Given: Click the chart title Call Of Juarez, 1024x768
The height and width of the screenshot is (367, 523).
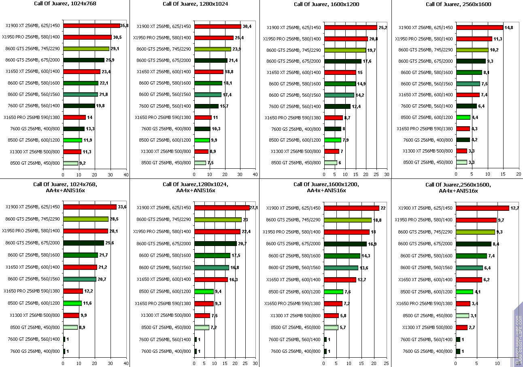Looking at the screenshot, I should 65,4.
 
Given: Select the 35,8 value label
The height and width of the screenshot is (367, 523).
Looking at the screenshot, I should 124,26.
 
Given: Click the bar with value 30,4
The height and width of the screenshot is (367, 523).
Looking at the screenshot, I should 218,26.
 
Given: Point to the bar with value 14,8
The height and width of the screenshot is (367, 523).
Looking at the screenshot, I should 479,28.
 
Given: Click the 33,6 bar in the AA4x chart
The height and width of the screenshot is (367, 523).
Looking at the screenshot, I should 90,207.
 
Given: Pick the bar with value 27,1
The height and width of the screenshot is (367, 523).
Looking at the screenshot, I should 222,208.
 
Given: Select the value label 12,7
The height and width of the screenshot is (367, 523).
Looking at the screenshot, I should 515,208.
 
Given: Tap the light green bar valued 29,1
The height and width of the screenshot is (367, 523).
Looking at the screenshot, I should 86,49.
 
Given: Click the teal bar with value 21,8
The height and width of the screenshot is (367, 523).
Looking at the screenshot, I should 81,94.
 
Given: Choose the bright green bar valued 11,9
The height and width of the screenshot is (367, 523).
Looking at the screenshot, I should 72,140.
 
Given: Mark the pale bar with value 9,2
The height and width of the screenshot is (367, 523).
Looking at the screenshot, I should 70,163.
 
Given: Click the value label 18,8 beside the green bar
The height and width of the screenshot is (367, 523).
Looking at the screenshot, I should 377,220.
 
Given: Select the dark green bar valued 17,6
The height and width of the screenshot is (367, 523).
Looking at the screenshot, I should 342,61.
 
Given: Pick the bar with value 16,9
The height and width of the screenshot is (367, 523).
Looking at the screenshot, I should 345,244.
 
